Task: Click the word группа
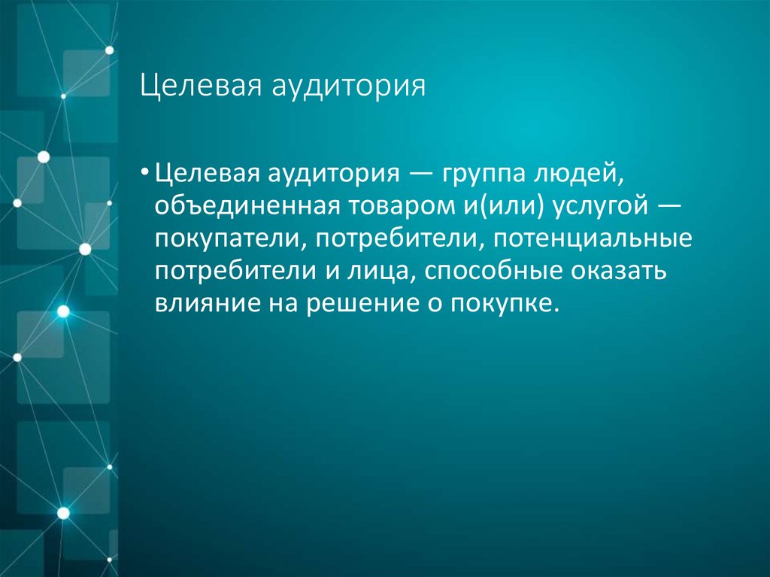477,176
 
